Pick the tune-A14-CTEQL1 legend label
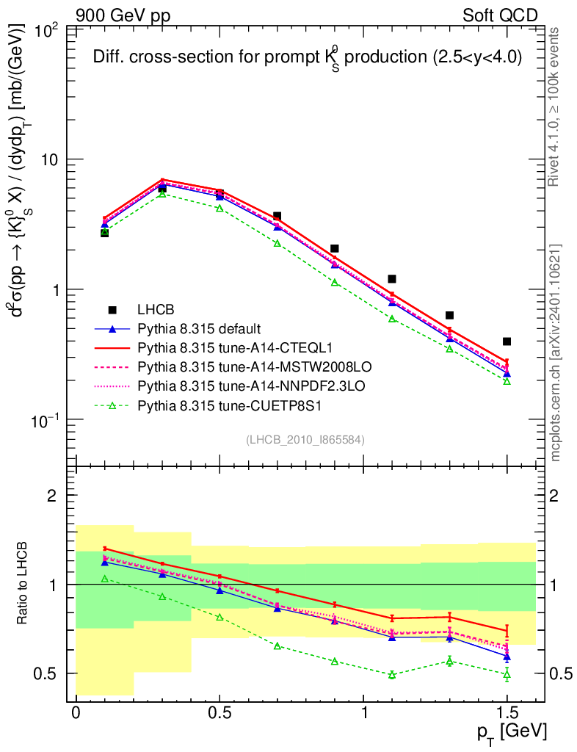pyautogui.click(x=230, y=346)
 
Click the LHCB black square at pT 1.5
pyautogui.click(x=507, y=341)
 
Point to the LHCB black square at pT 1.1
pyautogui.click(x=392, y=279)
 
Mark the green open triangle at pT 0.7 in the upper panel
pyautogui.click(x=277, y=243)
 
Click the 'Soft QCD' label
pyautogui.click(x=500, y=15)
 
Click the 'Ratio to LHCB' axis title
pyautogui.click(x=23, y=585)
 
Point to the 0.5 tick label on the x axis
pyautogui.click(x=219, y=713)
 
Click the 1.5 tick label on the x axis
pyautogui.click(x=507, y=713)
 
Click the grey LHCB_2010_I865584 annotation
pyautogui.click(x=305, y=440)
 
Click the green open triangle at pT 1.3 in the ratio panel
pyautogui.click(x=449, y=661)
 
